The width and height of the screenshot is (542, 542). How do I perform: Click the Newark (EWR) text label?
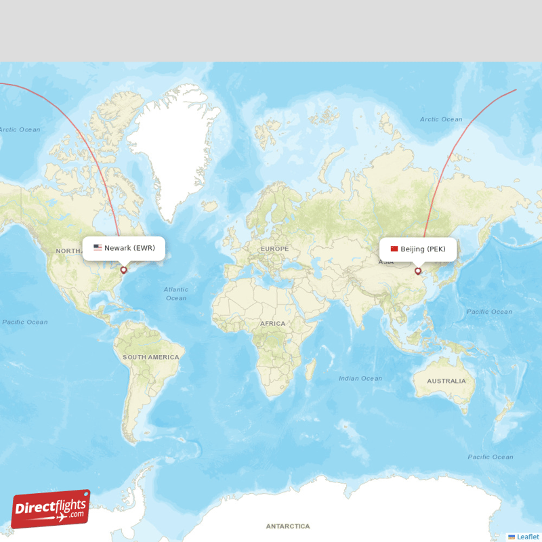point(129,248)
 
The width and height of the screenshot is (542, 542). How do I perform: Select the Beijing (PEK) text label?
point(423,249)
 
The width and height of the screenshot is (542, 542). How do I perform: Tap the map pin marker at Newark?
point(123,270)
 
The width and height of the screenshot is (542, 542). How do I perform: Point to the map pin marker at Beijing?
point(417,271)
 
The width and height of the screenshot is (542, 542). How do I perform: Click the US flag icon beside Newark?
point(98,248)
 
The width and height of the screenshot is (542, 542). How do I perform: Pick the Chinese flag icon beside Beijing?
point(394,249)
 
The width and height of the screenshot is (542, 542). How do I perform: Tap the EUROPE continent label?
point(274,249)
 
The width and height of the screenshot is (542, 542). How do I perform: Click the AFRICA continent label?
point(273,324)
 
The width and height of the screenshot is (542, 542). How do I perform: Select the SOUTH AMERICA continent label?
point(150,357)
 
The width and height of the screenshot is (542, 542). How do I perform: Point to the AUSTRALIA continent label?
point(446,381)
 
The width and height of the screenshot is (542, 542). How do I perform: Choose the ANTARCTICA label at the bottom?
point(287,526)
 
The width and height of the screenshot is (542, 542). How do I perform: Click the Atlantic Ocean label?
point(176,293)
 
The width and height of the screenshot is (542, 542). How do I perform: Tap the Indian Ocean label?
point(360,378)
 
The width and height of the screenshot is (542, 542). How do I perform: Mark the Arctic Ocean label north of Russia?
point(441,119)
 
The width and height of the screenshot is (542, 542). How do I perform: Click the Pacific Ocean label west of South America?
point(25,322)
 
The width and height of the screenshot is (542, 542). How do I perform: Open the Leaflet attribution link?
point(527,537)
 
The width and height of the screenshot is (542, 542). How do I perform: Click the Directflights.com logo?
point(51,509)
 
